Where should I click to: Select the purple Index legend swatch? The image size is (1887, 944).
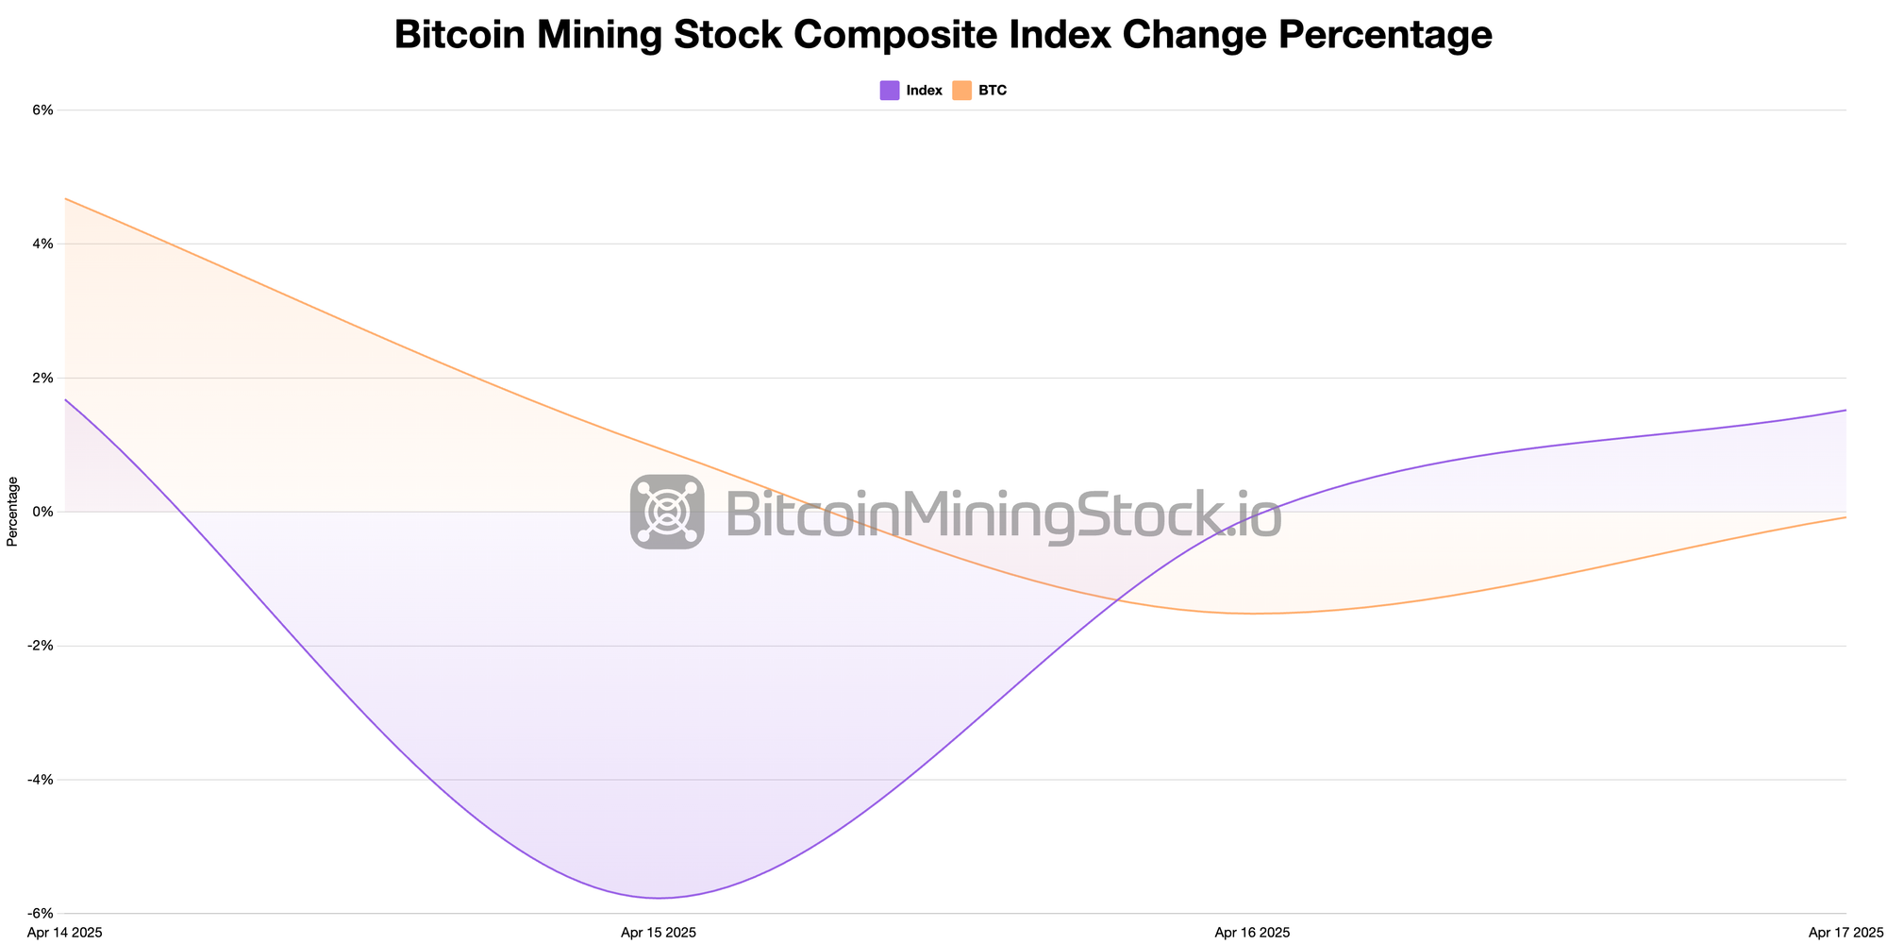pyautogui.click(x=890, y=91)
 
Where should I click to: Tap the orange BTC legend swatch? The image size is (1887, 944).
pyautogui.click(x=961, y=91)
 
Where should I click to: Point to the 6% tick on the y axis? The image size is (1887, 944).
pyautogui.click(x=42, y=110)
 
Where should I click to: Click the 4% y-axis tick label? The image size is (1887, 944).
pyautogui.click(x=42, y=244)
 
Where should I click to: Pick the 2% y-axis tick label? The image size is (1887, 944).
pyautogui.click(x=42, y=378)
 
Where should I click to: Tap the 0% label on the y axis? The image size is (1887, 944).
pyautogui.click(x=42, y=512)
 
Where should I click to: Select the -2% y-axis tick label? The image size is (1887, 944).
pyautogui.click(x=41, y=646)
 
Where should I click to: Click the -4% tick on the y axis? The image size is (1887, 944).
pyautogui.click(x=41, y=780)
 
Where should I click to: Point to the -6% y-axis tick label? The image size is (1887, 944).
pyautogui.click(x=41, y=914)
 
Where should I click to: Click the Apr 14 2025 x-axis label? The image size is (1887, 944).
pyautogui.click(x=65, y=933)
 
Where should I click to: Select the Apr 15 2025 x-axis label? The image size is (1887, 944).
pyautogui.click(x=659, y=933)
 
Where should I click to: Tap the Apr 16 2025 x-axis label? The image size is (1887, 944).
pyautogui.click(x=1252, y=933)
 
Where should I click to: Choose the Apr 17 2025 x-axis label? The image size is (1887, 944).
pyautogui.click(x=1846, y=933)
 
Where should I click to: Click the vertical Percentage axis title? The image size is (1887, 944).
pyautogui.click(x=12, y=512)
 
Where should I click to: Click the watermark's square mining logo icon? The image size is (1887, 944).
pyautogui.click(x=667, y=512)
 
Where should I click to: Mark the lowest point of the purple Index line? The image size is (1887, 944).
pyautogui.click(x=659, y=898)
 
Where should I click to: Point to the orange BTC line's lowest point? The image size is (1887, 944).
pyautogui.click(x=1252, y=614)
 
